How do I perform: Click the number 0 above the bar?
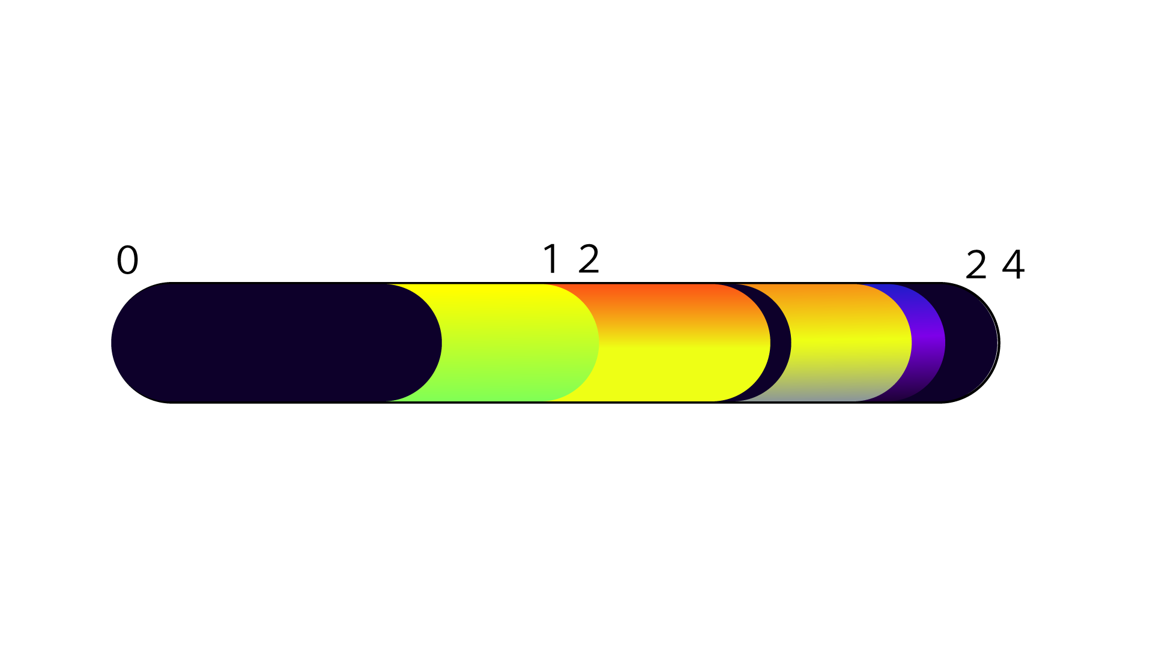click(x=127, y=260)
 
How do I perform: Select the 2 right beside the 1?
click(x=589, y=259)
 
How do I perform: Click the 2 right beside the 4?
click(x=976, y=265)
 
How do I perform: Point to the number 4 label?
click(x=1013, y=264)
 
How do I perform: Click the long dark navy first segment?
click(x=276, y=343)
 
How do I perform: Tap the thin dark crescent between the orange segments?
click(x=781, y=343)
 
